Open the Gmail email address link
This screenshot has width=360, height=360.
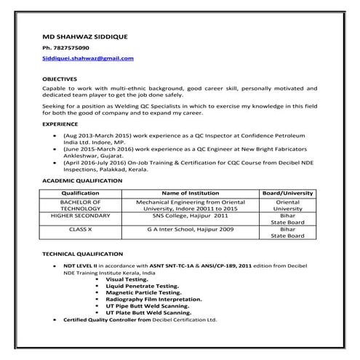88,57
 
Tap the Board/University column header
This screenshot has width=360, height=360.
288,193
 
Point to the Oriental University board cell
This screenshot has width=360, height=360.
288,205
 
